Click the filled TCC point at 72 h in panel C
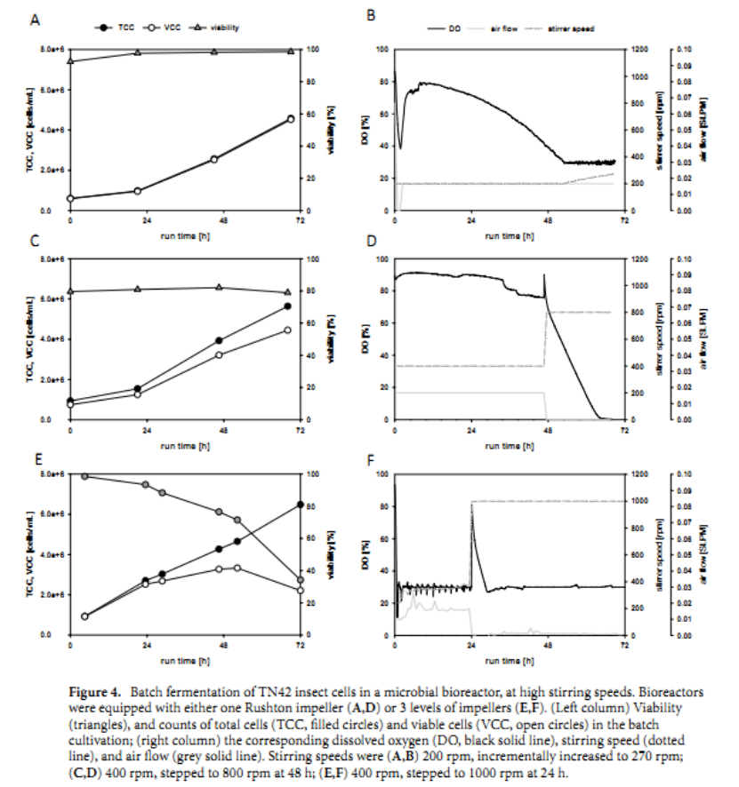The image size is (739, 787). pos(287,306)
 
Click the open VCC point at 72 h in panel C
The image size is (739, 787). pos(287,330)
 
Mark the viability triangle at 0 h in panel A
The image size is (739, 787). pos(71,60)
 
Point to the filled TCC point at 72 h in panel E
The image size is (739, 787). pos(300,505)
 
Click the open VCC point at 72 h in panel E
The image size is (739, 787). pos(300,590)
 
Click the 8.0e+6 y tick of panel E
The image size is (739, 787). pos(53,474)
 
